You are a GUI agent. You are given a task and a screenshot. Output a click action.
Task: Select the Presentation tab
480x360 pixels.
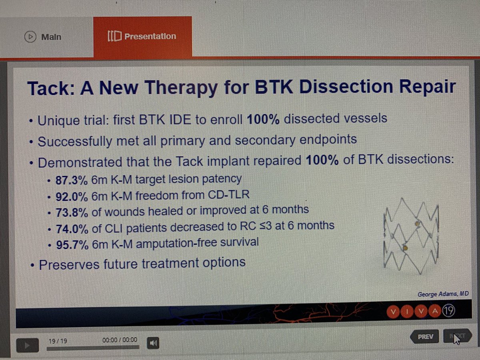tap(142, 36)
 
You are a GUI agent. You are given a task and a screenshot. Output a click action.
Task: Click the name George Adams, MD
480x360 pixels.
tap(438, 294)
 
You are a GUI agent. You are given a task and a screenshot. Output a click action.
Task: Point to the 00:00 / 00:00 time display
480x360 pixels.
tap(120, 340)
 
